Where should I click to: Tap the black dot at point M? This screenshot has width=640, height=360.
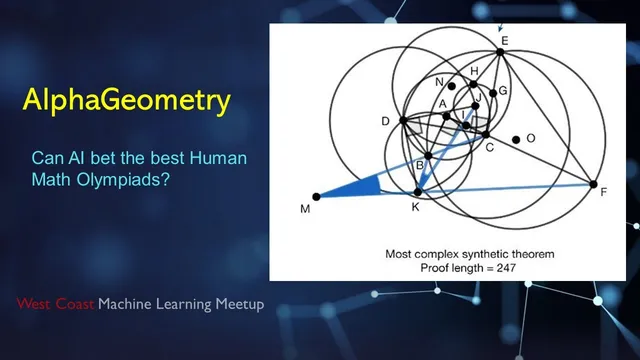tap(316, 196)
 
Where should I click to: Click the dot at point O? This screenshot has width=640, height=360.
tap(515, 139)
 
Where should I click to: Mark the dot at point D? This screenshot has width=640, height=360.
tap(402, 121)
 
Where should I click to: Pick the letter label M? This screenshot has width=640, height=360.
tap(306, 209)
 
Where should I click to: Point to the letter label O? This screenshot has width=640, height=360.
tap(531, 138)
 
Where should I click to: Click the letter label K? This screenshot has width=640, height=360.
tap(416, 206)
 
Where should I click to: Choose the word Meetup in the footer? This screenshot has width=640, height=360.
tap(240, 304)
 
